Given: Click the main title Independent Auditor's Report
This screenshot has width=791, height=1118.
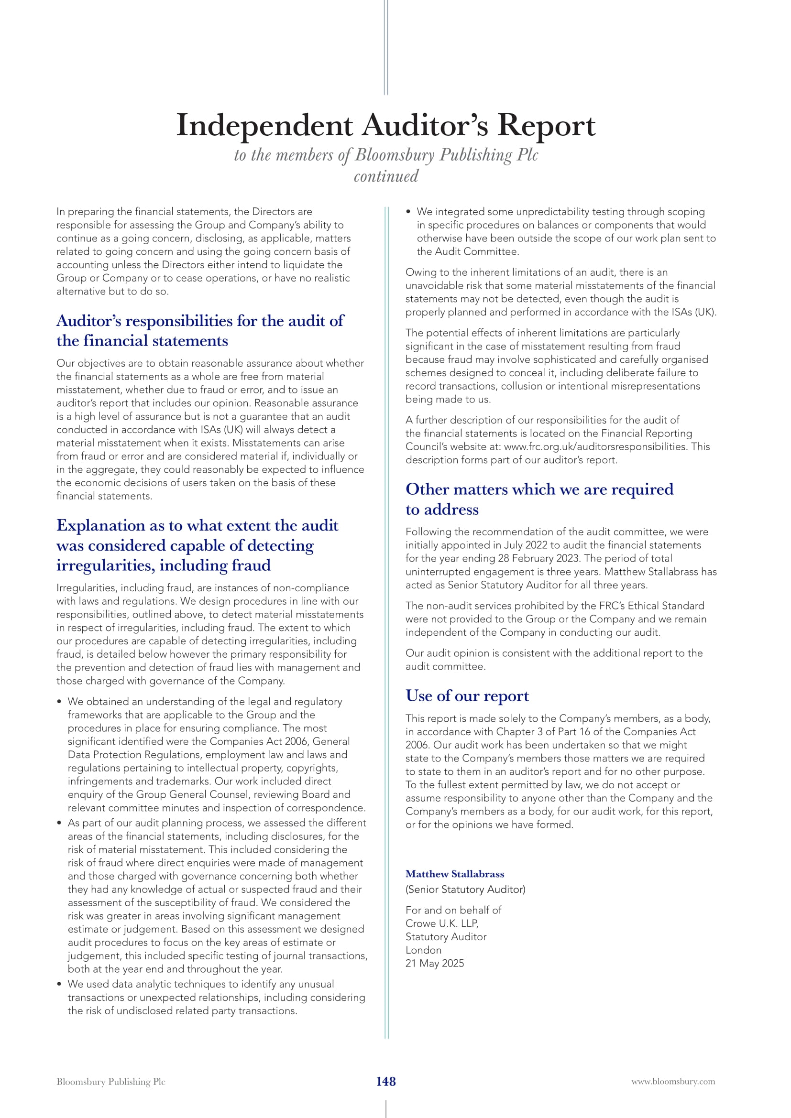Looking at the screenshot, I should click(x=385, y=125).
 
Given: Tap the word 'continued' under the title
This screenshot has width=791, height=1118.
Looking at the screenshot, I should click(x=386, y=176).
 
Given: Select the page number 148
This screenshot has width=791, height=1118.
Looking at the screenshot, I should click(x=386, y=1081).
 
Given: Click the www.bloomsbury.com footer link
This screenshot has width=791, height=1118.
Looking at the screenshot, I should click(x=673, y=1082).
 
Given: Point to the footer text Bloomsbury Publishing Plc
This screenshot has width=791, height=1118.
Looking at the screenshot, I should click(x=111, y=1082).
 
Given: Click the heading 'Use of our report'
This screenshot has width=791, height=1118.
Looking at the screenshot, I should click(x=467, y=696).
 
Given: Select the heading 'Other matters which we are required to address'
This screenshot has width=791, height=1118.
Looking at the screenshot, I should click(x=539, y=499).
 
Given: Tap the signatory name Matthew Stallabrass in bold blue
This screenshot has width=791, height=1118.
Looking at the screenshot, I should click(x=455, y=874).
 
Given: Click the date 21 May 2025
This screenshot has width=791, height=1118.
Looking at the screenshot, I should click(x=434, y=963).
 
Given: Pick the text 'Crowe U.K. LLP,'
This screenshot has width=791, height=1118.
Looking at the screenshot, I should click(x=442, y=923).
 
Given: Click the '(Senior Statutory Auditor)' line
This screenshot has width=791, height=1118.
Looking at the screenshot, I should click(x=465, y=889).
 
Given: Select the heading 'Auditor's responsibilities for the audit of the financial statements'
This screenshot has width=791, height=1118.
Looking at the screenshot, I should click(x=200, y=331).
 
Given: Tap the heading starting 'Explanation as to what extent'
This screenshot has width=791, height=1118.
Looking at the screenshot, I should click(x=197, y=545).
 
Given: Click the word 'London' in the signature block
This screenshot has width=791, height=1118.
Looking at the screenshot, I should click(x=423, y=950).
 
